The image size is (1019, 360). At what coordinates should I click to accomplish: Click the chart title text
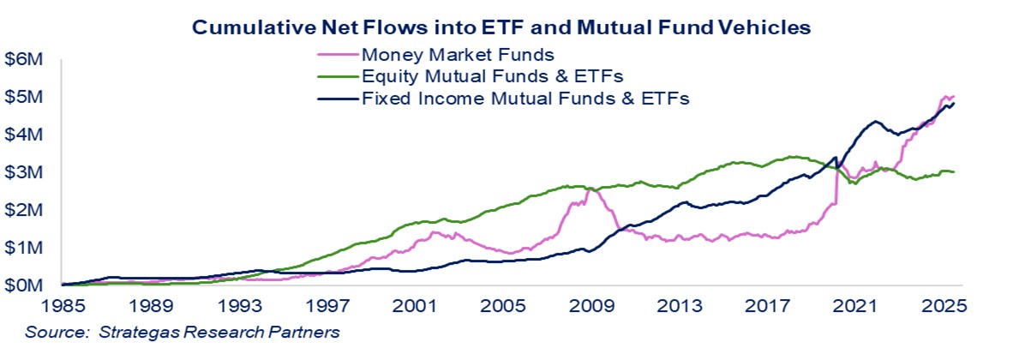pyautogui.click(x=501, y=27)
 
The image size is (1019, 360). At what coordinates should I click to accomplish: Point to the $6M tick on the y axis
pyautogui.click(x=25, y=59)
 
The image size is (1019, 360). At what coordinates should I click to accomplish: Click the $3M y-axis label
pyautogui.click(x=25, y=172)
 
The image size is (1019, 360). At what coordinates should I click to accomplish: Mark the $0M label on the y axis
pyautogui.click(x=25, y=285)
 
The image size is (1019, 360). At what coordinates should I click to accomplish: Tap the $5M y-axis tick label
pyautogui.click(x=25, y=97)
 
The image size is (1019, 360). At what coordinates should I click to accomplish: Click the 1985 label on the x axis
pyautogui.click(x=63, y=305)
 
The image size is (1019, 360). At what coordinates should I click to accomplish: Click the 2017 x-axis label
pyautogui.click(x=768, y=305)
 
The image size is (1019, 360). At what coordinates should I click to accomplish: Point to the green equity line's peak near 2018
pyautogui.click(x=794, y=156)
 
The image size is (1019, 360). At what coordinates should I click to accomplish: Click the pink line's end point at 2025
pyautogui.click(x=954, y=96)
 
